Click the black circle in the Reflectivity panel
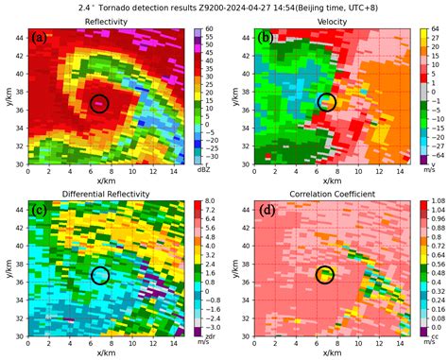[100, 103]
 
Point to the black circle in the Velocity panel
[327, 102]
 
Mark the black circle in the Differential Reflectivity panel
[101, 276]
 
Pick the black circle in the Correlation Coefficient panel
[326, 275]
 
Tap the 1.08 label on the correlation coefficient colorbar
[429, 202]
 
